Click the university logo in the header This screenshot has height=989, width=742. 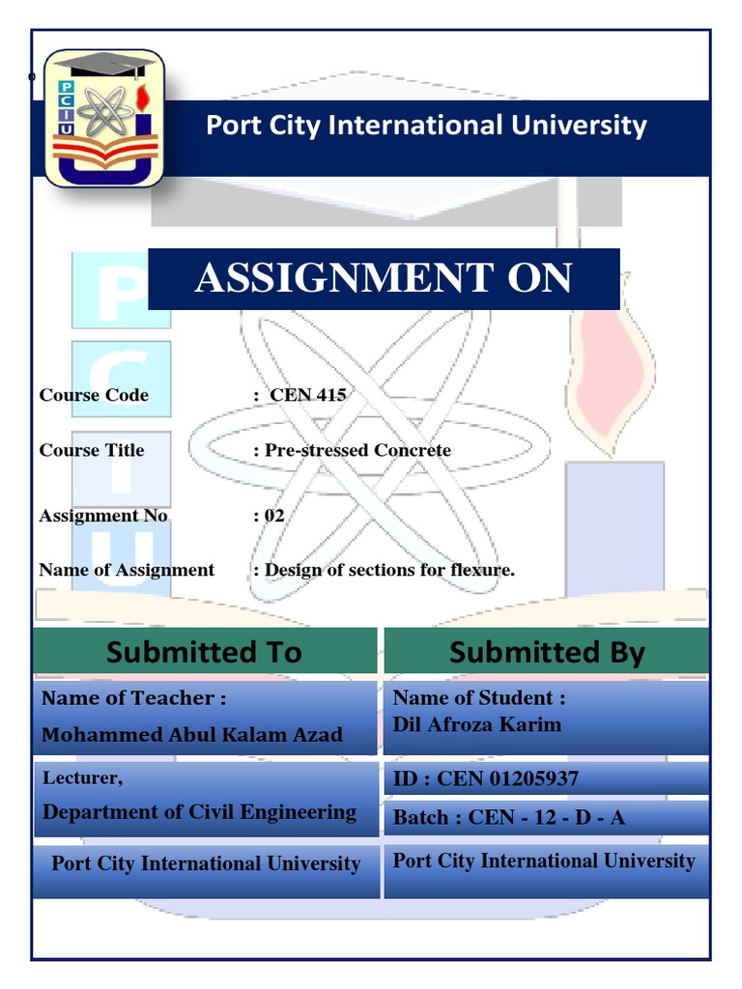[104, 119]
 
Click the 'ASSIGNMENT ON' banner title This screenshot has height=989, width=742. [384, 277]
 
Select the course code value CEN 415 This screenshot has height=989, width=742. [308, 395]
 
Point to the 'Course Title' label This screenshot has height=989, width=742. [92, 450]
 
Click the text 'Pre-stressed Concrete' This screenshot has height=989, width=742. [357, 450]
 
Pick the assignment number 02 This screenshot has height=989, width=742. [273, 516]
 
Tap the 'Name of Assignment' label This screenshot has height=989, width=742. [127, 570]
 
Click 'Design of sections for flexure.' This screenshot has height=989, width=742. [390, 570]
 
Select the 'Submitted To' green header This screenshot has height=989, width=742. [205, 652]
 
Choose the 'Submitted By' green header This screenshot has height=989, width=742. [547, 652]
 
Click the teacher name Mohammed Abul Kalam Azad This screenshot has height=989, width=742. [192, 734]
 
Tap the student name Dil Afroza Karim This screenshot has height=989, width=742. [477, 724]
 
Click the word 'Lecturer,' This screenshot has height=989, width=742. [83, 777]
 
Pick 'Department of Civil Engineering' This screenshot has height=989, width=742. [199, 812]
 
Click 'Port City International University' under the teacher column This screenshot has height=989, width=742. [206, 862]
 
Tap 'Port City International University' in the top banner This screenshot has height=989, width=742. [426, 126]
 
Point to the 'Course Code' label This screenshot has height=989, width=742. [94, 395]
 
